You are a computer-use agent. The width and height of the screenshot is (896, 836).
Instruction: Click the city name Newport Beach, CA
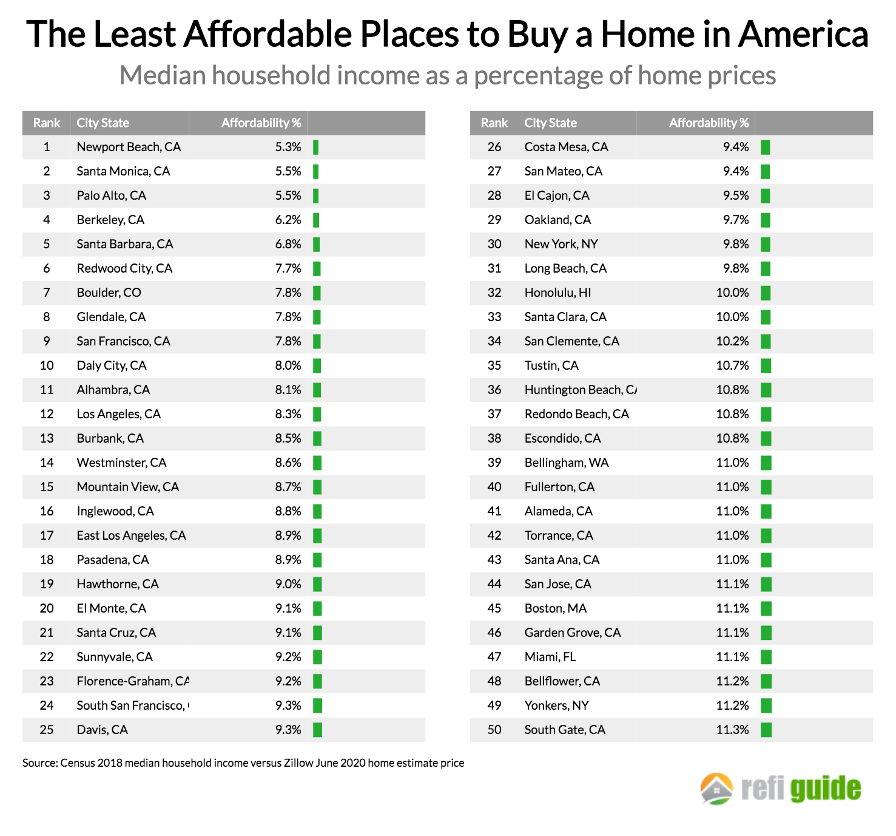(129, 147)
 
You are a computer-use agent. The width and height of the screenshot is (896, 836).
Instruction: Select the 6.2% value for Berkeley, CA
(288, 220)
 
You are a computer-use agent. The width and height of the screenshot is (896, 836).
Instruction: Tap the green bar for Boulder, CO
(317, 293)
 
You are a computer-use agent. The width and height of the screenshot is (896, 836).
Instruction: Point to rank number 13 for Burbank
(47, 438)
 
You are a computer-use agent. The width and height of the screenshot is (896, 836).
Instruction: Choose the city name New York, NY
(561, 244)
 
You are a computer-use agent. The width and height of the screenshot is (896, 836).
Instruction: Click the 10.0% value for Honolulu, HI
(732, 293)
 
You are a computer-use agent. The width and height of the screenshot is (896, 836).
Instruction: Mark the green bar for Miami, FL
(766, 657)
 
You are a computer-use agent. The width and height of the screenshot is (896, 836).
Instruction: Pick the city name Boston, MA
(556, 608)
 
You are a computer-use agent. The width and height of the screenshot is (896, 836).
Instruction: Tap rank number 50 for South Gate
(494, 730)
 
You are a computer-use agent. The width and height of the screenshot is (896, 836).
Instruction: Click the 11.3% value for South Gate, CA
(732, 730)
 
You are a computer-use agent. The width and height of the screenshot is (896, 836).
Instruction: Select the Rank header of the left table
(47, 123)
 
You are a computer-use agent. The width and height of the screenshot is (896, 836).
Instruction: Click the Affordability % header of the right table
(709, 123)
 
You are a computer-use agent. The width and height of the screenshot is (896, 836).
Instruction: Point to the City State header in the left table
(103, 123)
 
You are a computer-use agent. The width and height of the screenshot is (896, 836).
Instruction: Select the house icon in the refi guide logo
(716, 789)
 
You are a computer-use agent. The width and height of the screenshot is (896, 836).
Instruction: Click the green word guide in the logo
(826, 789)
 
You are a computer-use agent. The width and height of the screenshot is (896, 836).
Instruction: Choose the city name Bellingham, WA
(567, 463)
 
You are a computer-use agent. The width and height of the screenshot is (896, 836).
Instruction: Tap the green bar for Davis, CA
(317, 730)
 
